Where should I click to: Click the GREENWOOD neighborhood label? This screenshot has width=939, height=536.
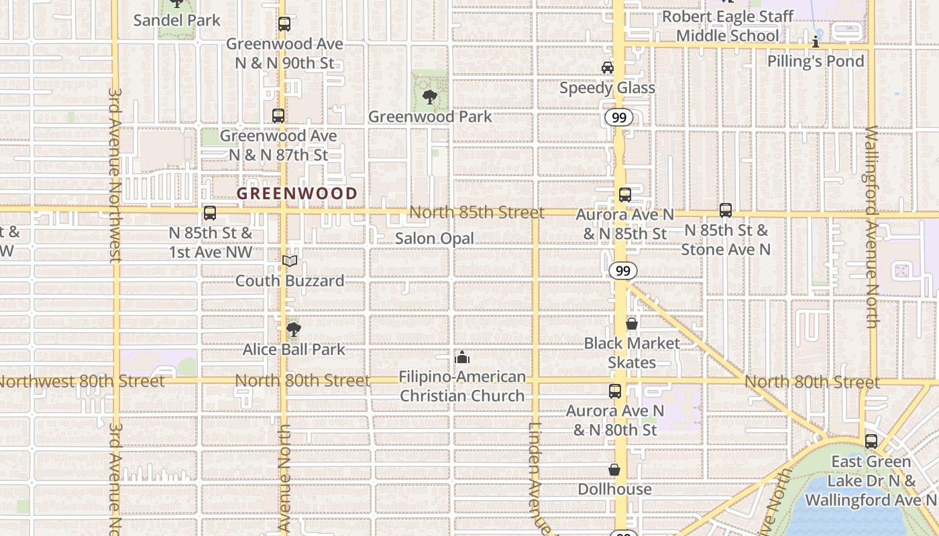click(297, 193)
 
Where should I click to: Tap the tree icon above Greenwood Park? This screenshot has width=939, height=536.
click(429, 97)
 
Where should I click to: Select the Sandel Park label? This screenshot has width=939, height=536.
click(176, 20)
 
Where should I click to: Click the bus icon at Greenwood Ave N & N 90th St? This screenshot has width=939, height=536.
click(284, 24)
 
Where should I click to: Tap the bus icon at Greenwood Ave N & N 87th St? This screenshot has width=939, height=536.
click(278, 115)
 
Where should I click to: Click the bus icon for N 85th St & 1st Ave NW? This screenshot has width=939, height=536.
click(210, 213)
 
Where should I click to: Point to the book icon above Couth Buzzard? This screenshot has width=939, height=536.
click(290, 261)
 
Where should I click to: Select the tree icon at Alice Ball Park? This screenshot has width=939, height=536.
click(293, 329)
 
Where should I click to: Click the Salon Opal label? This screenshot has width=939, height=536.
click(434, 239)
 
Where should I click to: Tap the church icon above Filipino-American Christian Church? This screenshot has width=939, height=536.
click(462, 357)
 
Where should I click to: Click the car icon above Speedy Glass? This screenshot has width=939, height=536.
click(607, 68)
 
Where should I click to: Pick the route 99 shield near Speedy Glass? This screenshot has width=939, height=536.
click(619, 118)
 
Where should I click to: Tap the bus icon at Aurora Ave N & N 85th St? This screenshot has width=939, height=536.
click(625, 195)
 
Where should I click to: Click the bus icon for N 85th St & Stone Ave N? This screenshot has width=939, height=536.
click(726, 210)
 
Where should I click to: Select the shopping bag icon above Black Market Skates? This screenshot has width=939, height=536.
click(631, 324)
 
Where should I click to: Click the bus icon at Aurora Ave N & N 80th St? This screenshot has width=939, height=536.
click(615, 391)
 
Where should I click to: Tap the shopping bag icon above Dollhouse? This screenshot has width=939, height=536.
click(614, 469)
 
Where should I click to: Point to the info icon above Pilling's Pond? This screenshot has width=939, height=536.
click(816, 42)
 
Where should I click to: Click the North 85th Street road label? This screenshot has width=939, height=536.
click(476, 212)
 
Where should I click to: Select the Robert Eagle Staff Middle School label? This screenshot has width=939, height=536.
click(728, 25)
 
